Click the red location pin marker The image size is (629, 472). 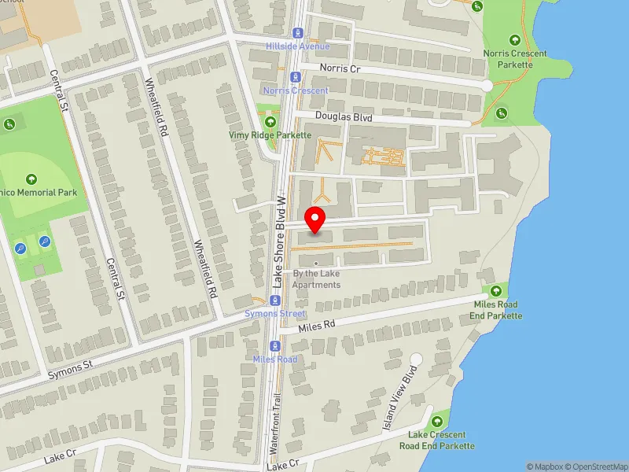pyautogui.click(x=315, y=219)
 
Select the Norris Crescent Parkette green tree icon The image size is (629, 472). pyautogui.click(x=515, y=40)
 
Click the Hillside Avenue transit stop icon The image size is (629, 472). pyautogui.click(x=297, y=33)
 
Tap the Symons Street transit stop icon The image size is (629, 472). pyautogui.click(x=274, y=301)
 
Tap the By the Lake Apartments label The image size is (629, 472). pyautogui.click(x=317, y=278)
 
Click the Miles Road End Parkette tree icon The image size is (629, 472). pyautogui.click(x=496, y=292)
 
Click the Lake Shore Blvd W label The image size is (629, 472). pyautogui.click(x=278, y=239)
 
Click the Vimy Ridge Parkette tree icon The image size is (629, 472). pyautogui.click(x=271, y=122)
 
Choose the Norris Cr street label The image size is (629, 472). pyautogui.click(x=339, y=68)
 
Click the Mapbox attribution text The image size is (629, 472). pyautogui.click(x=543, y=466)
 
